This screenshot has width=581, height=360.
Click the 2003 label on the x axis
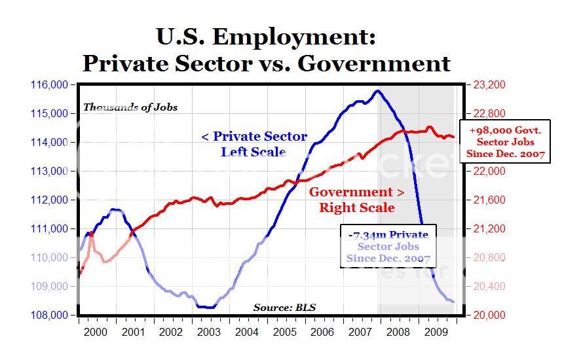[209, 332]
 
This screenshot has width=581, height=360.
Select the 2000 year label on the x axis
[96, 332]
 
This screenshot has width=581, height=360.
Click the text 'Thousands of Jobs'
[130, 107]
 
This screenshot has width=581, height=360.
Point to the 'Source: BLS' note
[284, 307]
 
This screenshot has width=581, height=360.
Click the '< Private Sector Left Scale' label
[253, 144]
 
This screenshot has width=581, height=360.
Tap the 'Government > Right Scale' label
[356, 200]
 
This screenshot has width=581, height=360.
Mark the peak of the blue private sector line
[377, 91]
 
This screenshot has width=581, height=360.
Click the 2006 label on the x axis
[323, 332]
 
